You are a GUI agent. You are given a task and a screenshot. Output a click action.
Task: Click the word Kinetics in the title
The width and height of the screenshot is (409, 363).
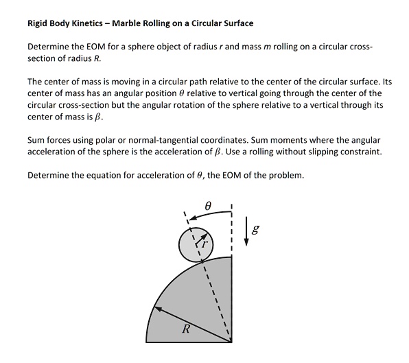coord(86,23)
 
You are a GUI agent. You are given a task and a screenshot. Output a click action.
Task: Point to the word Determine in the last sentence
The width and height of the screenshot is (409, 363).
coord(48,175)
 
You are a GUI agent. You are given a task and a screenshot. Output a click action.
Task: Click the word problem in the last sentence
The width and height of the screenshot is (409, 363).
coord(285,175)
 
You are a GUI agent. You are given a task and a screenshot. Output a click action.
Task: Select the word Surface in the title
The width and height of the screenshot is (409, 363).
coord(237,23)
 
